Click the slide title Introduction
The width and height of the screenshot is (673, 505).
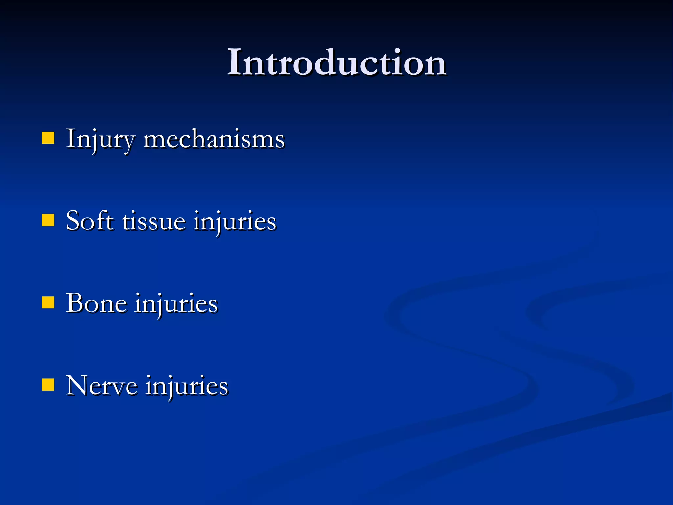336,62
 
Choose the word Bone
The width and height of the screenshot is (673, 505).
96,303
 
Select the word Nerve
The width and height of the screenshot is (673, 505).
101,385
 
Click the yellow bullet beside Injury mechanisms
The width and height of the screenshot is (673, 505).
48,138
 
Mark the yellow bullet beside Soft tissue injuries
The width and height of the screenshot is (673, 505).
48,221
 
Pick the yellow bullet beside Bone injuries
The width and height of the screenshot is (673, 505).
48,303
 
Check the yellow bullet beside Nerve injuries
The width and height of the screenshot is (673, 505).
48,385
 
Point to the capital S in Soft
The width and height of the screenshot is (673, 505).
73,221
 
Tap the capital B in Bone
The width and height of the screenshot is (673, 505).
74,303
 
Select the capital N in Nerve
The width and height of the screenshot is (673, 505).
77,385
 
